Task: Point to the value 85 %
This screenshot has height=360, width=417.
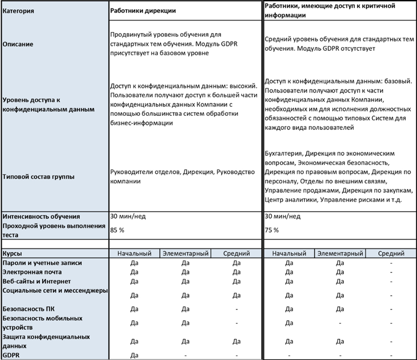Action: point(117,230)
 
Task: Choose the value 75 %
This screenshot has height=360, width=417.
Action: point(273,230)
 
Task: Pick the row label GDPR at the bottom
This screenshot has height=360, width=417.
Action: point(11,355)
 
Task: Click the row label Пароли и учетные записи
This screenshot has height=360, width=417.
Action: point(42,263)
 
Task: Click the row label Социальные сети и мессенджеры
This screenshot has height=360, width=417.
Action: point(54,291)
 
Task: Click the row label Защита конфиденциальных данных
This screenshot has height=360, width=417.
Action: point(46,341)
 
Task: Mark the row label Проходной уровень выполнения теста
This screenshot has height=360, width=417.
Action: point(52,230)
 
